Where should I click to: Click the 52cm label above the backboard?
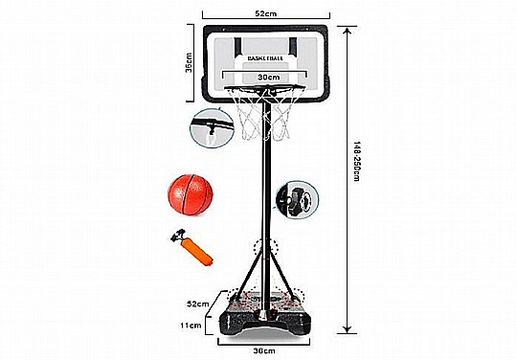(x=266, y=13)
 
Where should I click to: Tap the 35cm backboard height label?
(x=189, y=62)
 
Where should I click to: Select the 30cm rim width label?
(x=269, y=78)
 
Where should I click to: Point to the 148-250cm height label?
(x=357, y=162)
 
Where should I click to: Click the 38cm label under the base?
(x=264, y=350)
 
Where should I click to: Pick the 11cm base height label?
(x=191, y=326)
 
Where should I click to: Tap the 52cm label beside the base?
(x=198, y=304)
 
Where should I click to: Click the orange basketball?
(x=191, y=194)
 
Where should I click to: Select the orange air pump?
(x=192, y=247)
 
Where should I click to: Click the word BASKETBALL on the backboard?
(x=265, y=58)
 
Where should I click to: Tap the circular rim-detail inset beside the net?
(x=212, y=128)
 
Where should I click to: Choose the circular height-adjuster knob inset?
(x=297, y=200)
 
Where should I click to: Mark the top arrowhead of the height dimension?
(x=347, y=31)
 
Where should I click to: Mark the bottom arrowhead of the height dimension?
(x=347, y=329)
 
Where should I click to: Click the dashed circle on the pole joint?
(x=266, y=247)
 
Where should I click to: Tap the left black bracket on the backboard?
(x=237, y=47)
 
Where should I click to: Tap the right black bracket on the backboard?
(x=293, y=46)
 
